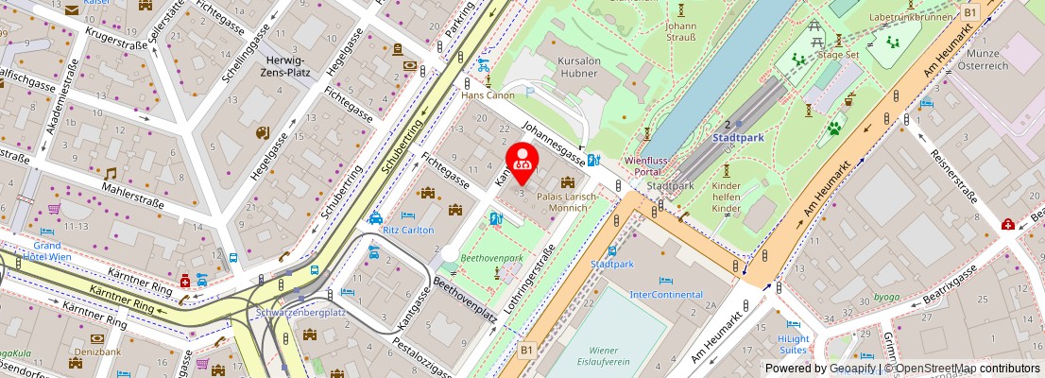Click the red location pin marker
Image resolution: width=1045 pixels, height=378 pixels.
coord(522,162)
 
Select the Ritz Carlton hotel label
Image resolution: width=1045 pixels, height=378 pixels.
coord(408,230)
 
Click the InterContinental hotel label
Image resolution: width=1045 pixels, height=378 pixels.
coord(667,294)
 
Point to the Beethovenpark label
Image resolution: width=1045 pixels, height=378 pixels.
coord(491,257)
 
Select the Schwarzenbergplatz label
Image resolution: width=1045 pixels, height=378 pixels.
coord(301,312)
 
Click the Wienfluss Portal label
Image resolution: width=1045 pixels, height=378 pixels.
coord(647,166)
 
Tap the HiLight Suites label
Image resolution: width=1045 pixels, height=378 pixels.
coord(793,344)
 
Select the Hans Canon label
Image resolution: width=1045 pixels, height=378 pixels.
coord(488,95)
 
